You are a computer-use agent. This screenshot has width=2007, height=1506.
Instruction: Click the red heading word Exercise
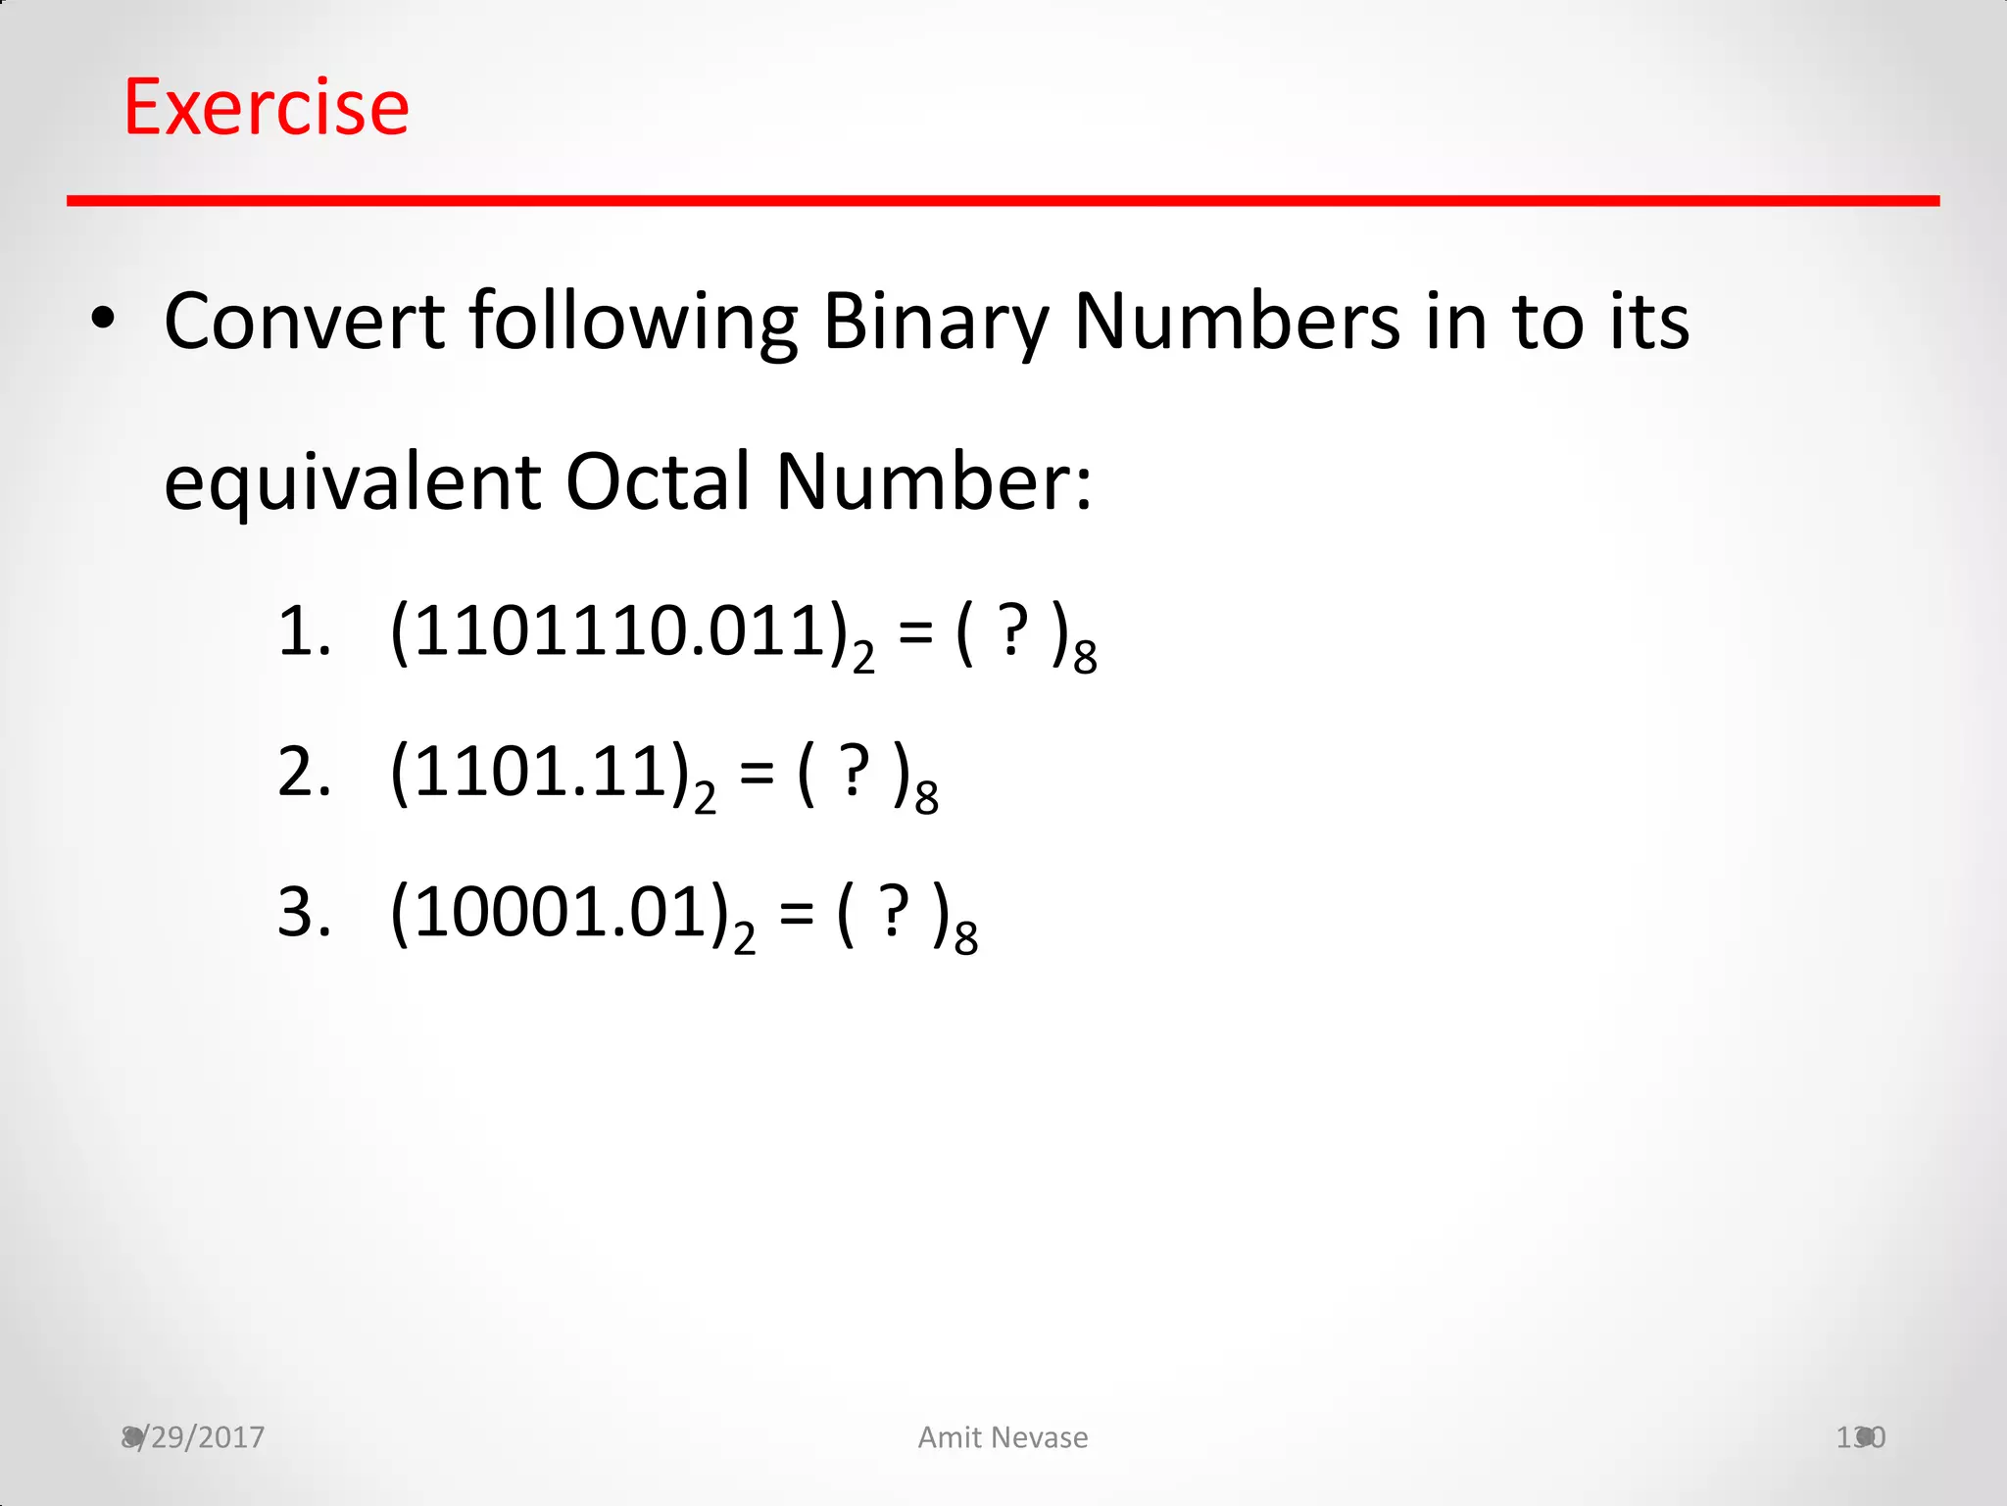click(x=266, y=107)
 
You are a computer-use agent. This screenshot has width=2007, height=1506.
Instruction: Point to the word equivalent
click(x=352, y=483)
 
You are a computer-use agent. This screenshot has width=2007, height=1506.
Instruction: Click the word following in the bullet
click(x=633, y=324)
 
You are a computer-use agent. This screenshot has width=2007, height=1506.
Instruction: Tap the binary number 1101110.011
click(x=610, y=631)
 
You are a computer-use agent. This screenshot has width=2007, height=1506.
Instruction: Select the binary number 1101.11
click(x=530, y=773)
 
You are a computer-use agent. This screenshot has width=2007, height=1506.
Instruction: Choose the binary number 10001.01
click(x=550, y=913)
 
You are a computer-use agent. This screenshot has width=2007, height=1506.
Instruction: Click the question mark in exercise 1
click(x=1013, y=631)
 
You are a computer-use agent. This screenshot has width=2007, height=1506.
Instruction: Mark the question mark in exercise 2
click(x=856, y=773)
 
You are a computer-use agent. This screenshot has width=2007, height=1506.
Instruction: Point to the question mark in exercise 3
click(x=894, y=913)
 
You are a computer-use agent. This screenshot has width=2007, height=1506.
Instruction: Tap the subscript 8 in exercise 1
click(x=1085, y=658)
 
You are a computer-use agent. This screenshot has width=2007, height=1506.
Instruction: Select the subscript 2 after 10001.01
click(x=745, y=939)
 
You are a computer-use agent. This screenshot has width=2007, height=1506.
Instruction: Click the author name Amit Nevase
click(x=1003, y=1437)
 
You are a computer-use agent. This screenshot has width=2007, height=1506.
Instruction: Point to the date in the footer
click(x=193, y=1437)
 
